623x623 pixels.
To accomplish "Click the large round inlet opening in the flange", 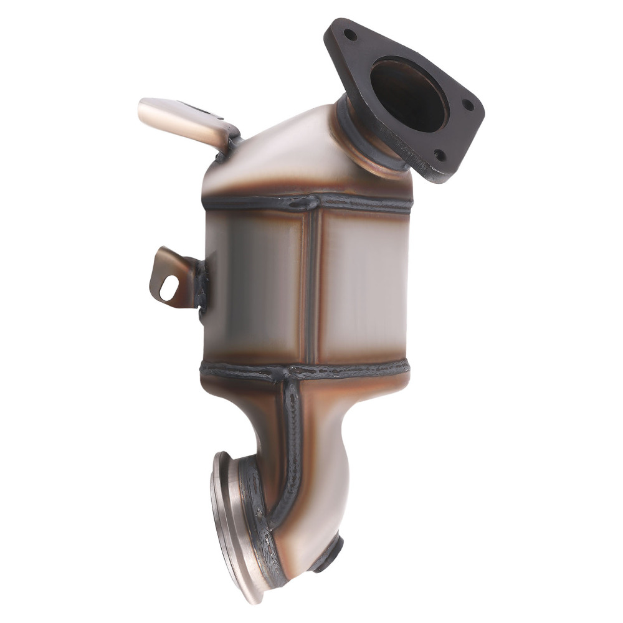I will tap(408, 93).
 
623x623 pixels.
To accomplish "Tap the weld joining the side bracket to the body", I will tap(201, 283).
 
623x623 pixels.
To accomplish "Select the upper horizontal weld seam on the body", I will tap(308, 202).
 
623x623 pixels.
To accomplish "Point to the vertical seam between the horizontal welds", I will tap(311, 287).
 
